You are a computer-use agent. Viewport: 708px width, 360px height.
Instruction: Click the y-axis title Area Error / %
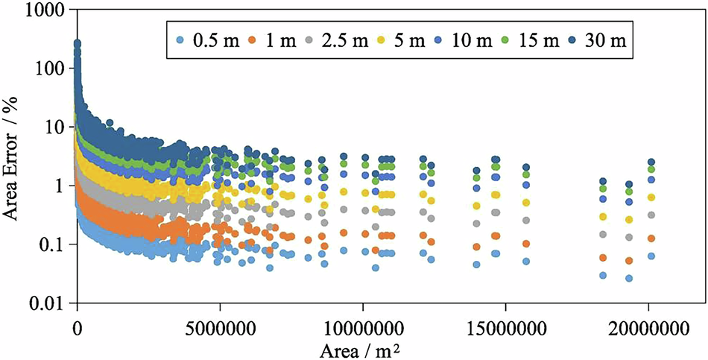pyautogui.click(x=13, y=157)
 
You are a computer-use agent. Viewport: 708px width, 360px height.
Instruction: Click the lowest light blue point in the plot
pyautogui.click(x=629, y=278)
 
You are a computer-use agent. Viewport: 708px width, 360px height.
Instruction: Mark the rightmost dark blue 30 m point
pyautogui.click(x=651, y=162)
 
